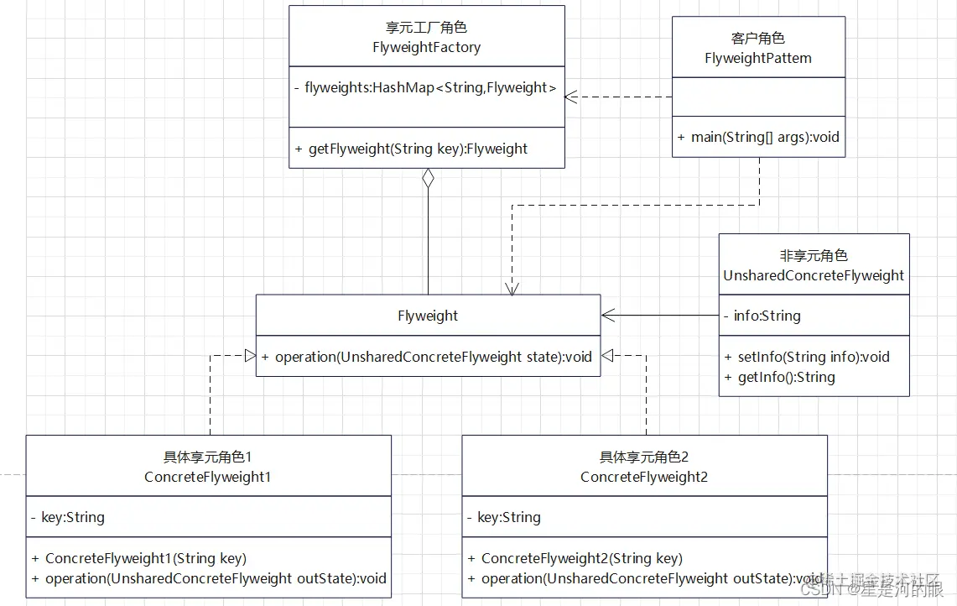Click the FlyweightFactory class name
pos(426,48)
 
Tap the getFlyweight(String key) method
pos(411,149)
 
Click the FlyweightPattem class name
pos(757,59)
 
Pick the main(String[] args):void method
pos(758,137)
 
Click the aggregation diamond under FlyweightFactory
pos(428,179)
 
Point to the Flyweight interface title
pos(428,316)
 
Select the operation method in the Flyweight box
pos(427,357)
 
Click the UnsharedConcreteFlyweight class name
pos(814,275)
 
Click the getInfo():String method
pos(779,377)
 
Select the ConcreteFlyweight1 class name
pos(208,477)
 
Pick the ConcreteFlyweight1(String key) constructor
pos(139,558)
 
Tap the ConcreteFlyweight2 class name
pos(644,477)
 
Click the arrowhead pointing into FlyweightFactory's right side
pos(570,97)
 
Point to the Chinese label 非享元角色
pos(814,256)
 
